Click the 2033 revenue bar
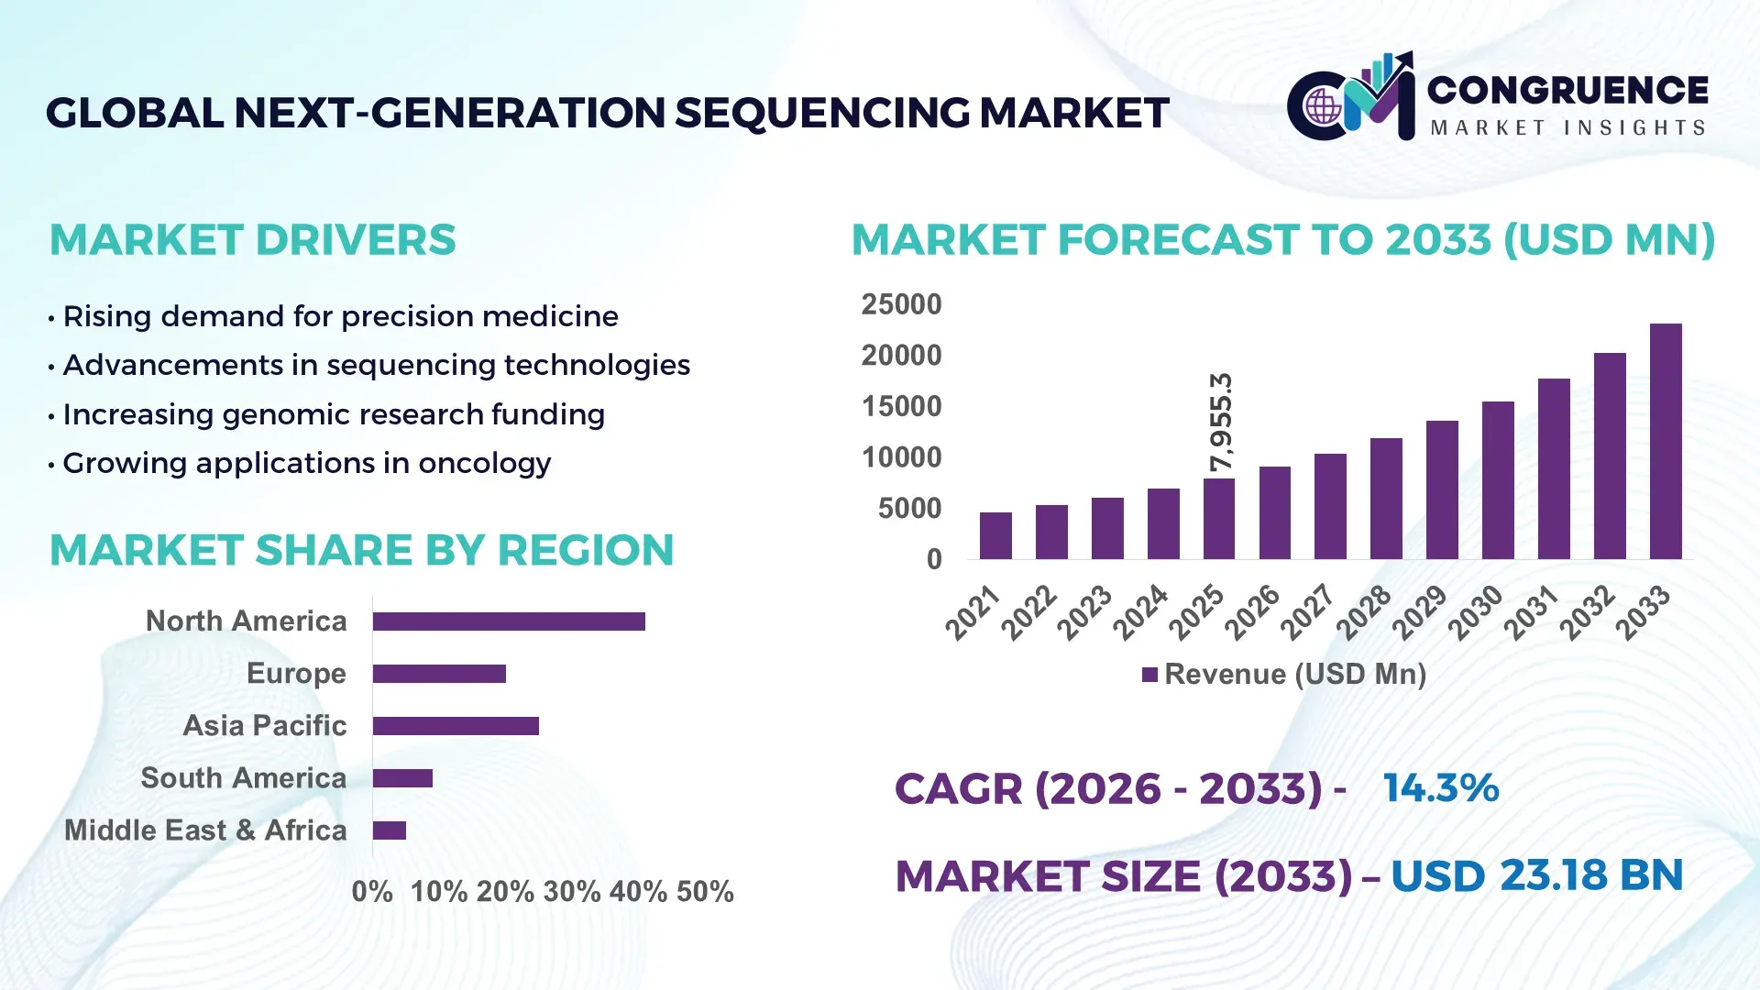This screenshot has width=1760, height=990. coord(1666,442)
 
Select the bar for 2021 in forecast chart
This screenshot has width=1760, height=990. coord(995,536)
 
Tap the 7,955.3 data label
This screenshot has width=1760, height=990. coord(1221,423)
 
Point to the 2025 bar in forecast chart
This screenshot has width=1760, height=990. coord(1219,519)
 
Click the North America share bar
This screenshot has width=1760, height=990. coord(509,621)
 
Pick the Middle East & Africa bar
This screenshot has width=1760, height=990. coord(390,830)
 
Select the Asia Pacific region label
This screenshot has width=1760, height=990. coord(265,725)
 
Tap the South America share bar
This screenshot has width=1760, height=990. coord(402,778)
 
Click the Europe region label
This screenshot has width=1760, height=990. coord(296,673)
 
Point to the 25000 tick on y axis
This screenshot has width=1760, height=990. coord(901,304)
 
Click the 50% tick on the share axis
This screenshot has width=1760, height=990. coord(705,891)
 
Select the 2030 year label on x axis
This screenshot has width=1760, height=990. coord(1476,611)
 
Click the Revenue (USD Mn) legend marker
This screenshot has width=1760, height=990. coord(1149,675)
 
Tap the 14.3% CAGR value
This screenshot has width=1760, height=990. coord(1440,788)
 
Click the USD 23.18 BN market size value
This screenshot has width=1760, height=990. coord(1536,875)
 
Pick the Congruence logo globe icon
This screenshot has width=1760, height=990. coord(1323,106)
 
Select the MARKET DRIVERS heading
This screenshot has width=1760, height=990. coord(252,240)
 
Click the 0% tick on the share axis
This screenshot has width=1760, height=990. coord(371,891)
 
